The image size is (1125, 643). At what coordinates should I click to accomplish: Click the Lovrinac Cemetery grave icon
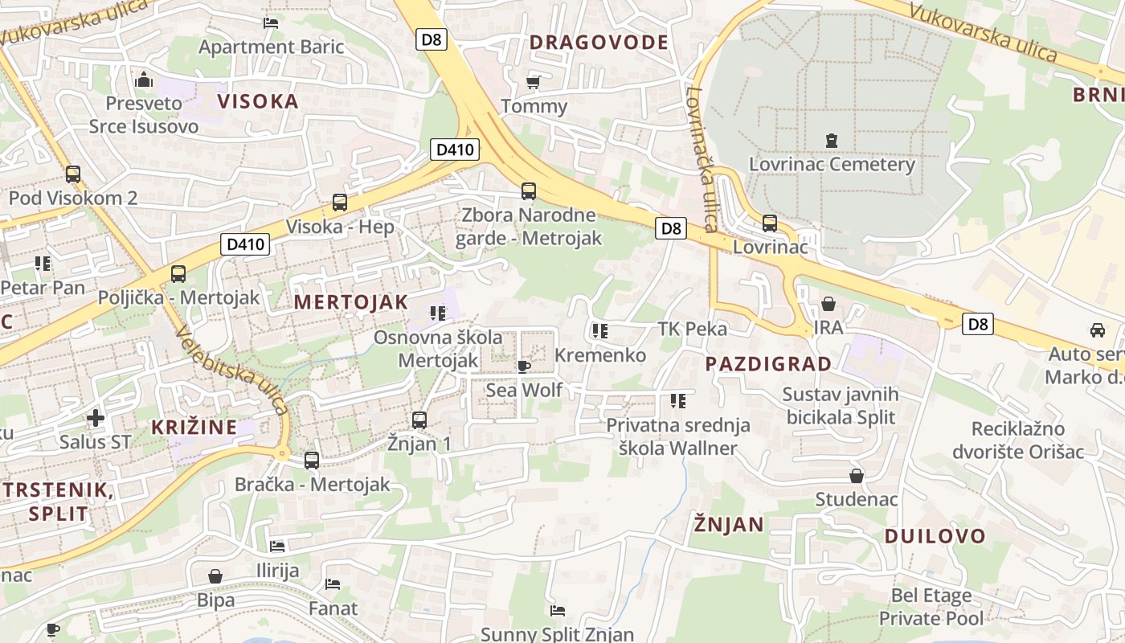832,141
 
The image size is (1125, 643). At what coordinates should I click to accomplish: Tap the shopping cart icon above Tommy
533,82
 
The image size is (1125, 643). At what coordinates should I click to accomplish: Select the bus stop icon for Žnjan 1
419,420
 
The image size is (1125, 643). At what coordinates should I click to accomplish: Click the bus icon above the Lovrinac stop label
770,223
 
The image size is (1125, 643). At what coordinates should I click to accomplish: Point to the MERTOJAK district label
351,302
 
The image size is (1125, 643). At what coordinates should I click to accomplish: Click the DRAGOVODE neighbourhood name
599,43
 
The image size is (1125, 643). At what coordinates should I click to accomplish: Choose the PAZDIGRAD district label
768,364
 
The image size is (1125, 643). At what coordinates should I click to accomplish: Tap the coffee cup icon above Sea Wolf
524,367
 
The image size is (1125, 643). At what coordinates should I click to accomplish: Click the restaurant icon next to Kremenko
599,330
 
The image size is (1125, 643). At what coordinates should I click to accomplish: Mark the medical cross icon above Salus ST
96,417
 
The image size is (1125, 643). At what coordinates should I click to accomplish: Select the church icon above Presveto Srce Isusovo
145,80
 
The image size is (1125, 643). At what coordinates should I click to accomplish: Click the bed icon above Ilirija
277,547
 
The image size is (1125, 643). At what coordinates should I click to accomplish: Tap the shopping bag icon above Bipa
215,576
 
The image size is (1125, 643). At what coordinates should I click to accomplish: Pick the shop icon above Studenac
857,476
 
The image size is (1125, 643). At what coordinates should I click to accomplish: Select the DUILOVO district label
935,536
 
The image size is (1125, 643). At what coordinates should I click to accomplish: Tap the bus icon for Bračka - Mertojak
312,461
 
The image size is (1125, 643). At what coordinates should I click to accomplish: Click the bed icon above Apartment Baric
271,23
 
